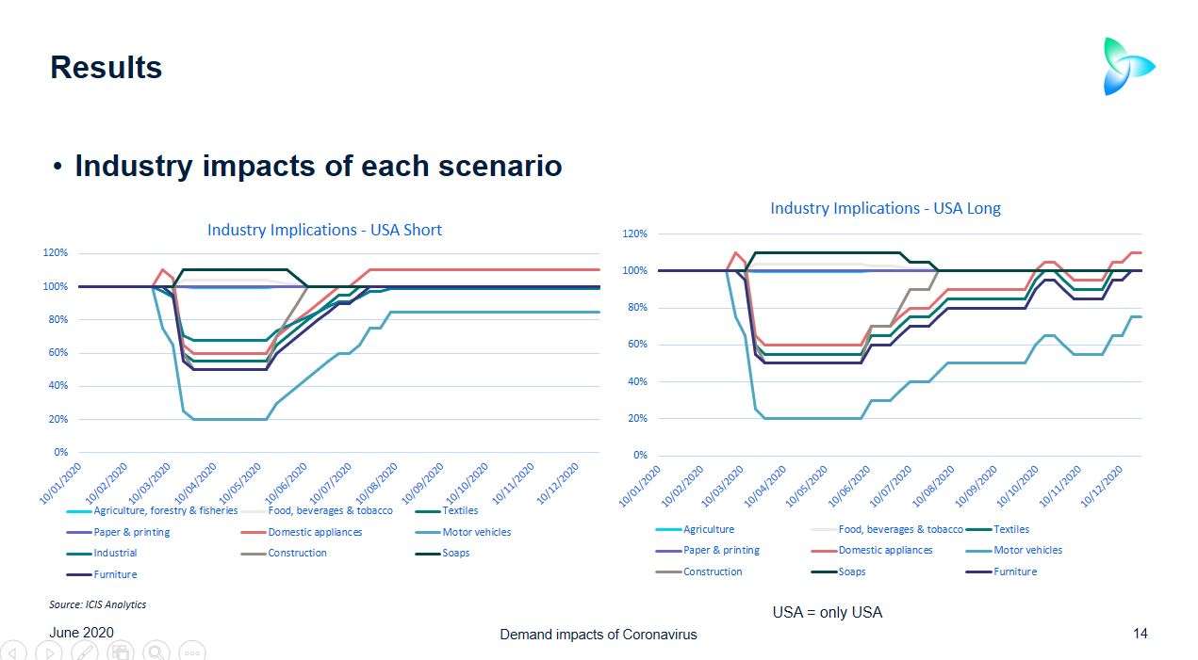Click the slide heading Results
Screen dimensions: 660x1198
tap(106, 68)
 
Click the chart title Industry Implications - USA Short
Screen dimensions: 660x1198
tap(324, 230)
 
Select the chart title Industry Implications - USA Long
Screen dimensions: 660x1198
tap(885, 208)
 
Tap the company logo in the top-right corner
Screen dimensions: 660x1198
tap(1128, 66)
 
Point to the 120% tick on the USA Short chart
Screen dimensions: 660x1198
tap(54, 253)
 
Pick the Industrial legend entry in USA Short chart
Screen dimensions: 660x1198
tap(115, 553)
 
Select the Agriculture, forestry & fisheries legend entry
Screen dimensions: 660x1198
tap(165, 510)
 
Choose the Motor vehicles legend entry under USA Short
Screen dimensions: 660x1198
tap(476, 532)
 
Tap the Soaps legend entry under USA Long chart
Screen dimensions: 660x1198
tap(851, 571)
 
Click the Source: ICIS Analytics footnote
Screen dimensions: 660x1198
tap(97, 604)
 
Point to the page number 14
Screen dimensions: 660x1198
tap(1141, 634)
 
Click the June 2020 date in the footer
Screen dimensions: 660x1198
tap(81, 633)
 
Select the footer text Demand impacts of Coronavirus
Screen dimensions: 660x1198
tap(598, 635)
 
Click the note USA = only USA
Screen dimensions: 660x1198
tap(827, 612)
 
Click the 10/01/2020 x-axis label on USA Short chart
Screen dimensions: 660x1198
tap(61, 483)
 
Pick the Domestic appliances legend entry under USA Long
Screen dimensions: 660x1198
tap(885, 550)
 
